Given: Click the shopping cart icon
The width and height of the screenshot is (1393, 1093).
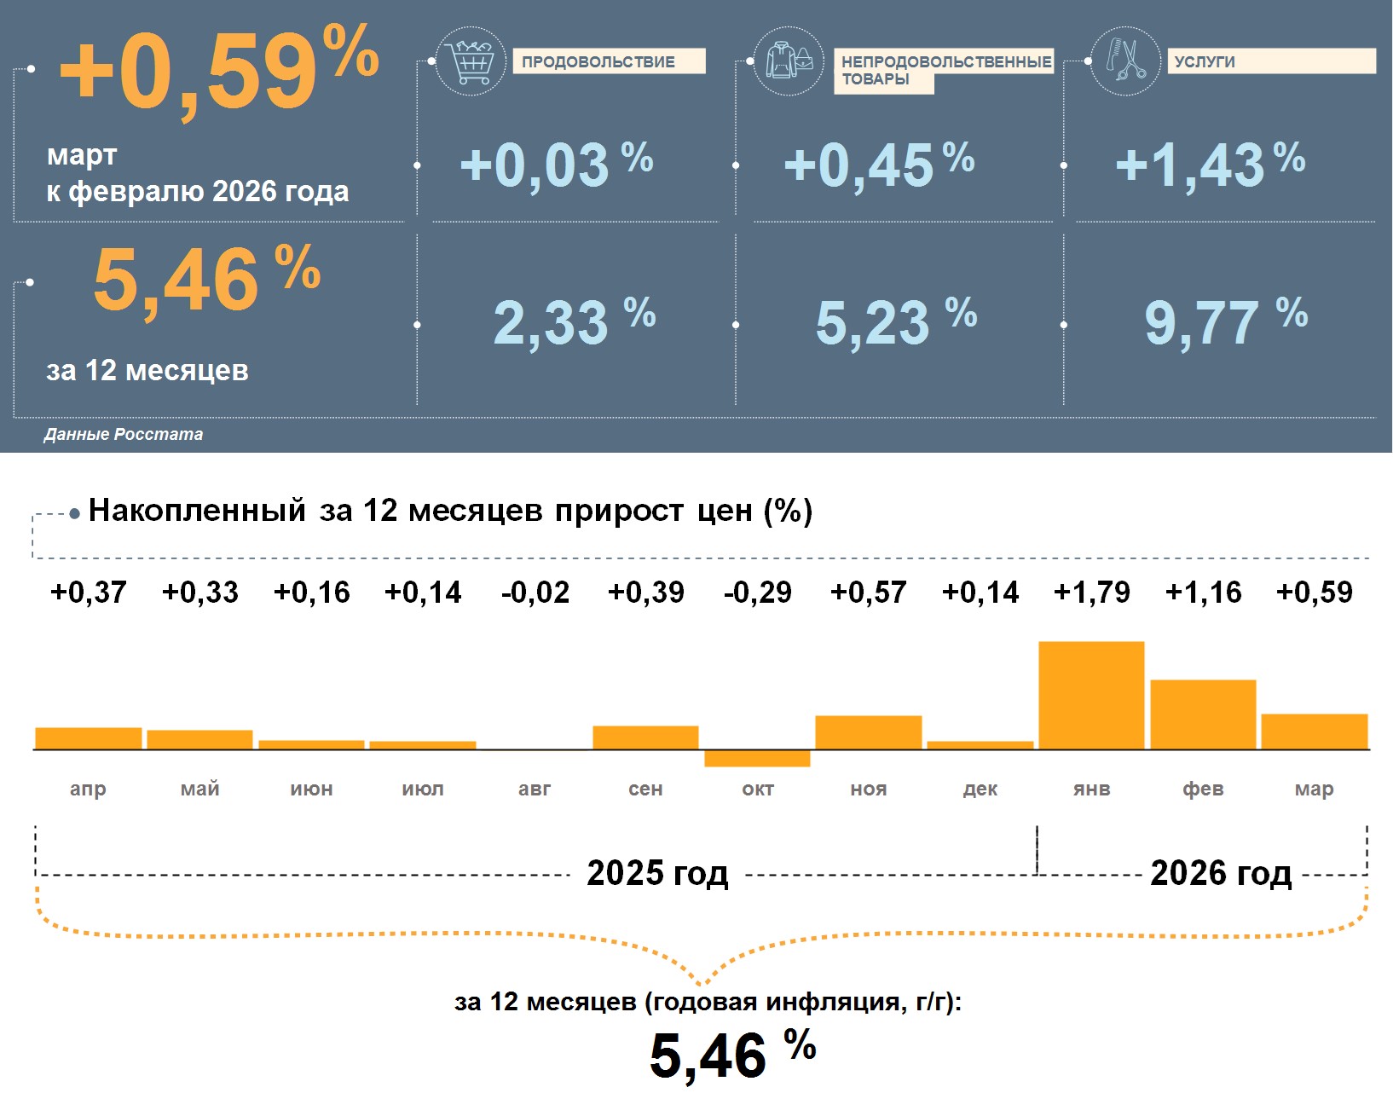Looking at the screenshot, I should tap(470, 61).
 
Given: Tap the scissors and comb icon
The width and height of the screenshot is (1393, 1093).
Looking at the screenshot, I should tap(1125, 61).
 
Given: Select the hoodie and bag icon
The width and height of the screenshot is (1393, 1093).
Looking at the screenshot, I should tap(789, 61).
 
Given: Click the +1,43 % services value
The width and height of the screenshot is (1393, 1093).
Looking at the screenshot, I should tap(1209, 165).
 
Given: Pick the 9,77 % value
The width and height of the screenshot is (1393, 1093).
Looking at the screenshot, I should tap(1224, 321).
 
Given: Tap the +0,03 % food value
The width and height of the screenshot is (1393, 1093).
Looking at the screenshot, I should tap(556, 165).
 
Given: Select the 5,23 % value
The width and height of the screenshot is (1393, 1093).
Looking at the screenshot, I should tap(895, 321).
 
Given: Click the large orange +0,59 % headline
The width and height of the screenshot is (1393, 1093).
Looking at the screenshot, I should tap(217, 70).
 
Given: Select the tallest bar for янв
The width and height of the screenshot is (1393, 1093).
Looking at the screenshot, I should tap(1091, 695).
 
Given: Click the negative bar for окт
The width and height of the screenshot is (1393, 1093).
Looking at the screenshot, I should tap(757, 758).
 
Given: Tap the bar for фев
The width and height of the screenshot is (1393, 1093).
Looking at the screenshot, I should tap(1203, 714).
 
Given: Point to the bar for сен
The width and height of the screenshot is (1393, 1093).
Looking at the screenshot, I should tap(645, 737).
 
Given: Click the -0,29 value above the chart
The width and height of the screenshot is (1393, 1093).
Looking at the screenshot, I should tap(757, 592).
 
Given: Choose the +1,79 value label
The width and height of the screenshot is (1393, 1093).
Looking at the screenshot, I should tap(1091, 592).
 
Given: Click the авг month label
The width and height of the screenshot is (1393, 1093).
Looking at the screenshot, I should tap(535, 789).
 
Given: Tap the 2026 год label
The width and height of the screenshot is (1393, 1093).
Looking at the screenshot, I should tap(1220, 873).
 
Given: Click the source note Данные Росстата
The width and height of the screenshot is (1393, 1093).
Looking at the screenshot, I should tap(124, 434).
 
